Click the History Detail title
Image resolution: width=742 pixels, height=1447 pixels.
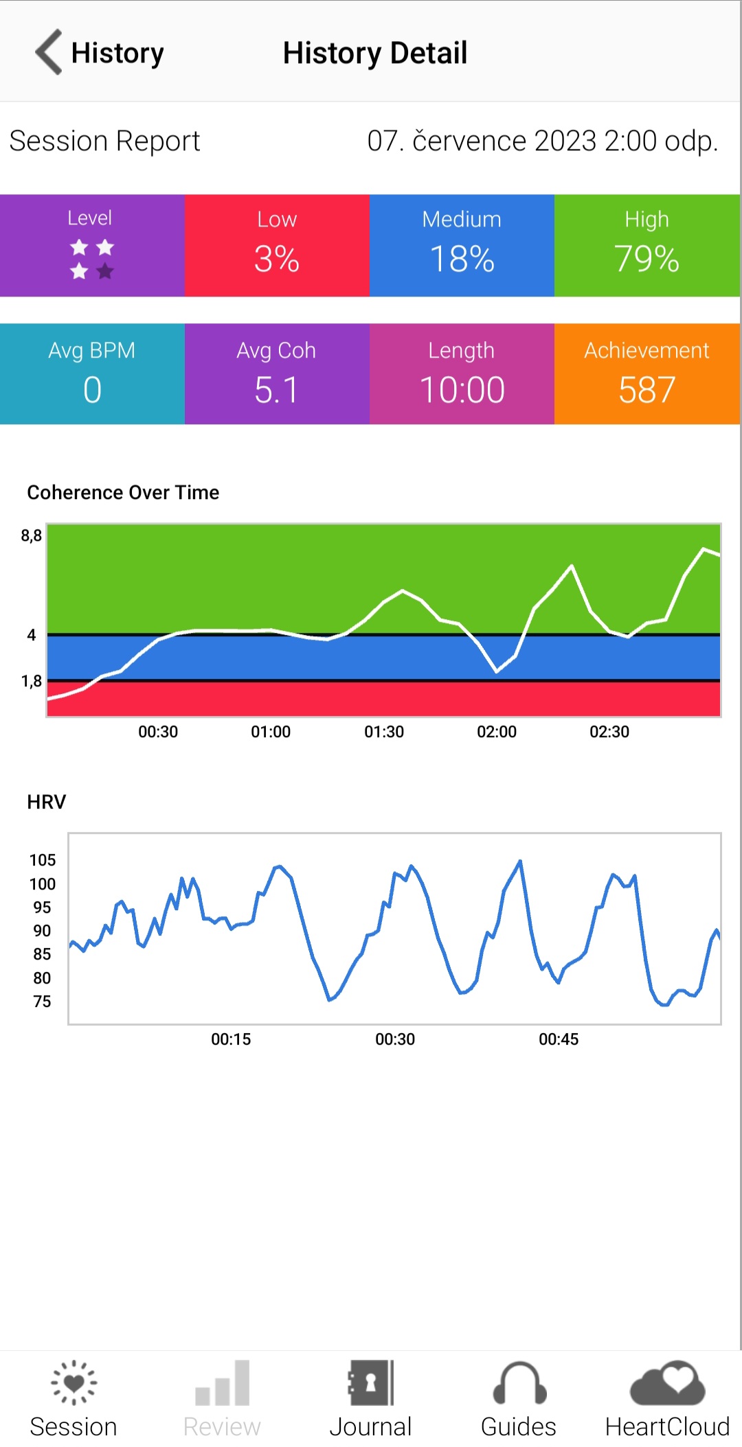click(x=374, y=53)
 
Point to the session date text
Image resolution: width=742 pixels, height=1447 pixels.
click(x=542, y=141)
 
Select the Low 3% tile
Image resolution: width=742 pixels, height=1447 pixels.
click(x=277, y=246)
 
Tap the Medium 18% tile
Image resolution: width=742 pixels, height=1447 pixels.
click(x=462, y=246)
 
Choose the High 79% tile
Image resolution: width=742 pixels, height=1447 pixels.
click(x=647, y=246)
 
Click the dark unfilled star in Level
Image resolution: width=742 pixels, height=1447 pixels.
click(x=105, y=272)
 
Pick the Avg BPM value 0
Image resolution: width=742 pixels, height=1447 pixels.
click(x=92, y=390)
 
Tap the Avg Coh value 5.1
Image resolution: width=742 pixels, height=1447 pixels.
click(x=276, y=390)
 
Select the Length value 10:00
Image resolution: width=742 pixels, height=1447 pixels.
click(x=462, y=390)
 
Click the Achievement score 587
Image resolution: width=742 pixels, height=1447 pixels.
click(x=647, y=390)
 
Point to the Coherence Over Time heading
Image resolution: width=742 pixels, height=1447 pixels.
click(x=123, y=492)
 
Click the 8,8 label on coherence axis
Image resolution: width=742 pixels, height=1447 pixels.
click(x=31, y=535)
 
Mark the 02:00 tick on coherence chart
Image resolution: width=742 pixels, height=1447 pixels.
click(x=496, y=732)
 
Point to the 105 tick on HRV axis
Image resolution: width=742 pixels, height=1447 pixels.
click(x=42, y=860)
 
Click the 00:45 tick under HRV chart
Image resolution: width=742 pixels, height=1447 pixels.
click(x=558, y=1039)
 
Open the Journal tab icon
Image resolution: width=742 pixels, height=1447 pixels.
click(x=370, y=1382)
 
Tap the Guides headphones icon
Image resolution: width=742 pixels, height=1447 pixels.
click(x=519, y=1382)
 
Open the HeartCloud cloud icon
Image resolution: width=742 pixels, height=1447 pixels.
click(x=667, y=1382)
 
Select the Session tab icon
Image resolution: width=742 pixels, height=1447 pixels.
click(x=74, y=1382)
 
